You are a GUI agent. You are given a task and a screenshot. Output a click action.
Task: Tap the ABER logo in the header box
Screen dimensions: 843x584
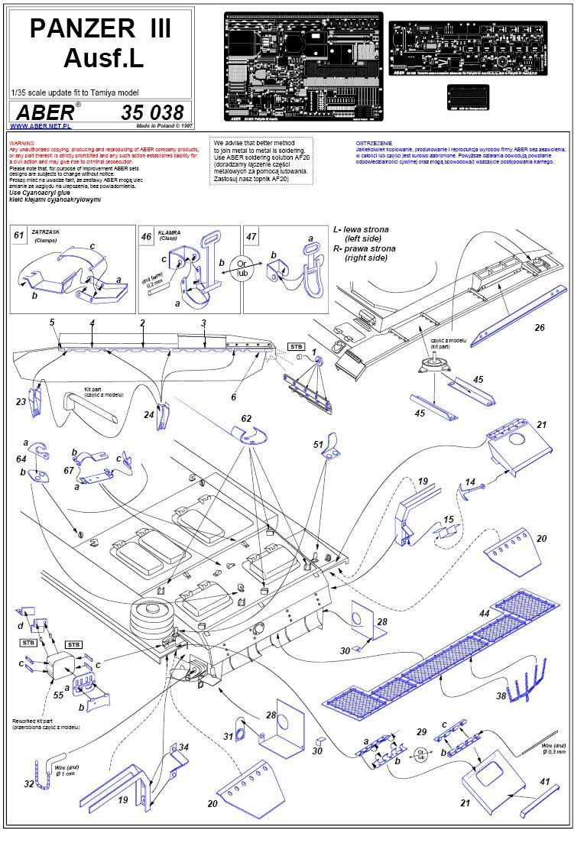coord(45,112)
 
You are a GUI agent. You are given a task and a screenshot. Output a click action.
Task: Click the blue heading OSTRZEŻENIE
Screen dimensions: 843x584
coord(374,143)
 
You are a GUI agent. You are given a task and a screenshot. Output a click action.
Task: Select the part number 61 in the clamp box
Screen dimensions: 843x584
coord(19,235)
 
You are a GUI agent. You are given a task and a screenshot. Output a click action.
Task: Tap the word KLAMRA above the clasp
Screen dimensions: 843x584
coord(168,230)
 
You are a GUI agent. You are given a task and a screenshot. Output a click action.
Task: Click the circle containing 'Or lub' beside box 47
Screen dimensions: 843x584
coord(244,267)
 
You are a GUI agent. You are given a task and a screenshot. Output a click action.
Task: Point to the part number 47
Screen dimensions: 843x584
coord(251,236)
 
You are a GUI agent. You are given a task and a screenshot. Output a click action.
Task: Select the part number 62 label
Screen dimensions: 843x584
coord(246,419)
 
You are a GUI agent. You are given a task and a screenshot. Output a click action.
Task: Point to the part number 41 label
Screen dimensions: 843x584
coord(544,782)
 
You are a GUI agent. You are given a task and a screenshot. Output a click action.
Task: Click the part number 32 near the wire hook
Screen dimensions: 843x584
coord(28,783)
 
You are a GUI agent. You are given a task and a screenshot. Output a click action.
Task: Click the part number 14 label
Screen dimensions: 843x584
coord(471,482)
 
